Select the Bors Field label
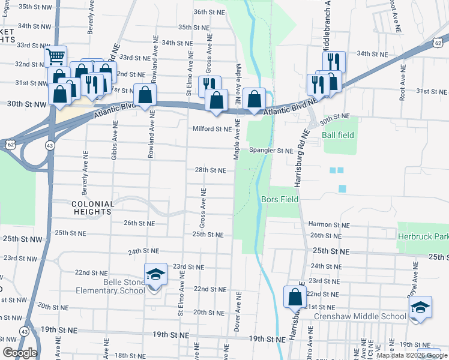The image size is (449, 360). tap(280, 199)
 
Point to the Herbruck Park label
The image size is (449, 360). tap(423, 236)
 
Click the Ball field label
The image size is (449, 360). tap(338, 136)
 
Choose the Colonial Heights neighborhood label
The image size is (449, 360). tap(92, 208)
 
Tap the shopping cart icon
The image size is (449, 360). tap(55, 58)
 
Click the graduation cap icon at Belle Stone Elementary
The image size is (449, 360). tap(155, 275)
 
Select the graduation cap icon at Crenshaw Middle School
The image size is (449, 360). tap(421, 307)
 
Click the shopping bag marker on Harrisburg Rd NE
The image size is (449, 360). tap(295, 296)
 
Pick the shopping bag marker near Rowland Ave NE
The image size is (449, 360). tap(145, 95)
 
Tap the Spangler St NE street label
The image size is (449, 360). tap(271, 151)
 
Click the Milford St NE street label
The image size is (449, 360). tap(212, 129)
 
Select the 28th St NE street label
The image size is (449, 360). tap(210, 170)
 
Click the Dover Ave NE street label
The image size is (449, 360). tap(239, 313)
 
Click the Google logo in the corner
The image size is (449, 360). tap(19, 353)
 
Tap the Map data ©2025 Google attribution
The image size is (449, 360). tap(412, 355)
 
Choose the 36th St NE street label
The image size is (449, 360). tap(209, 12)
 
